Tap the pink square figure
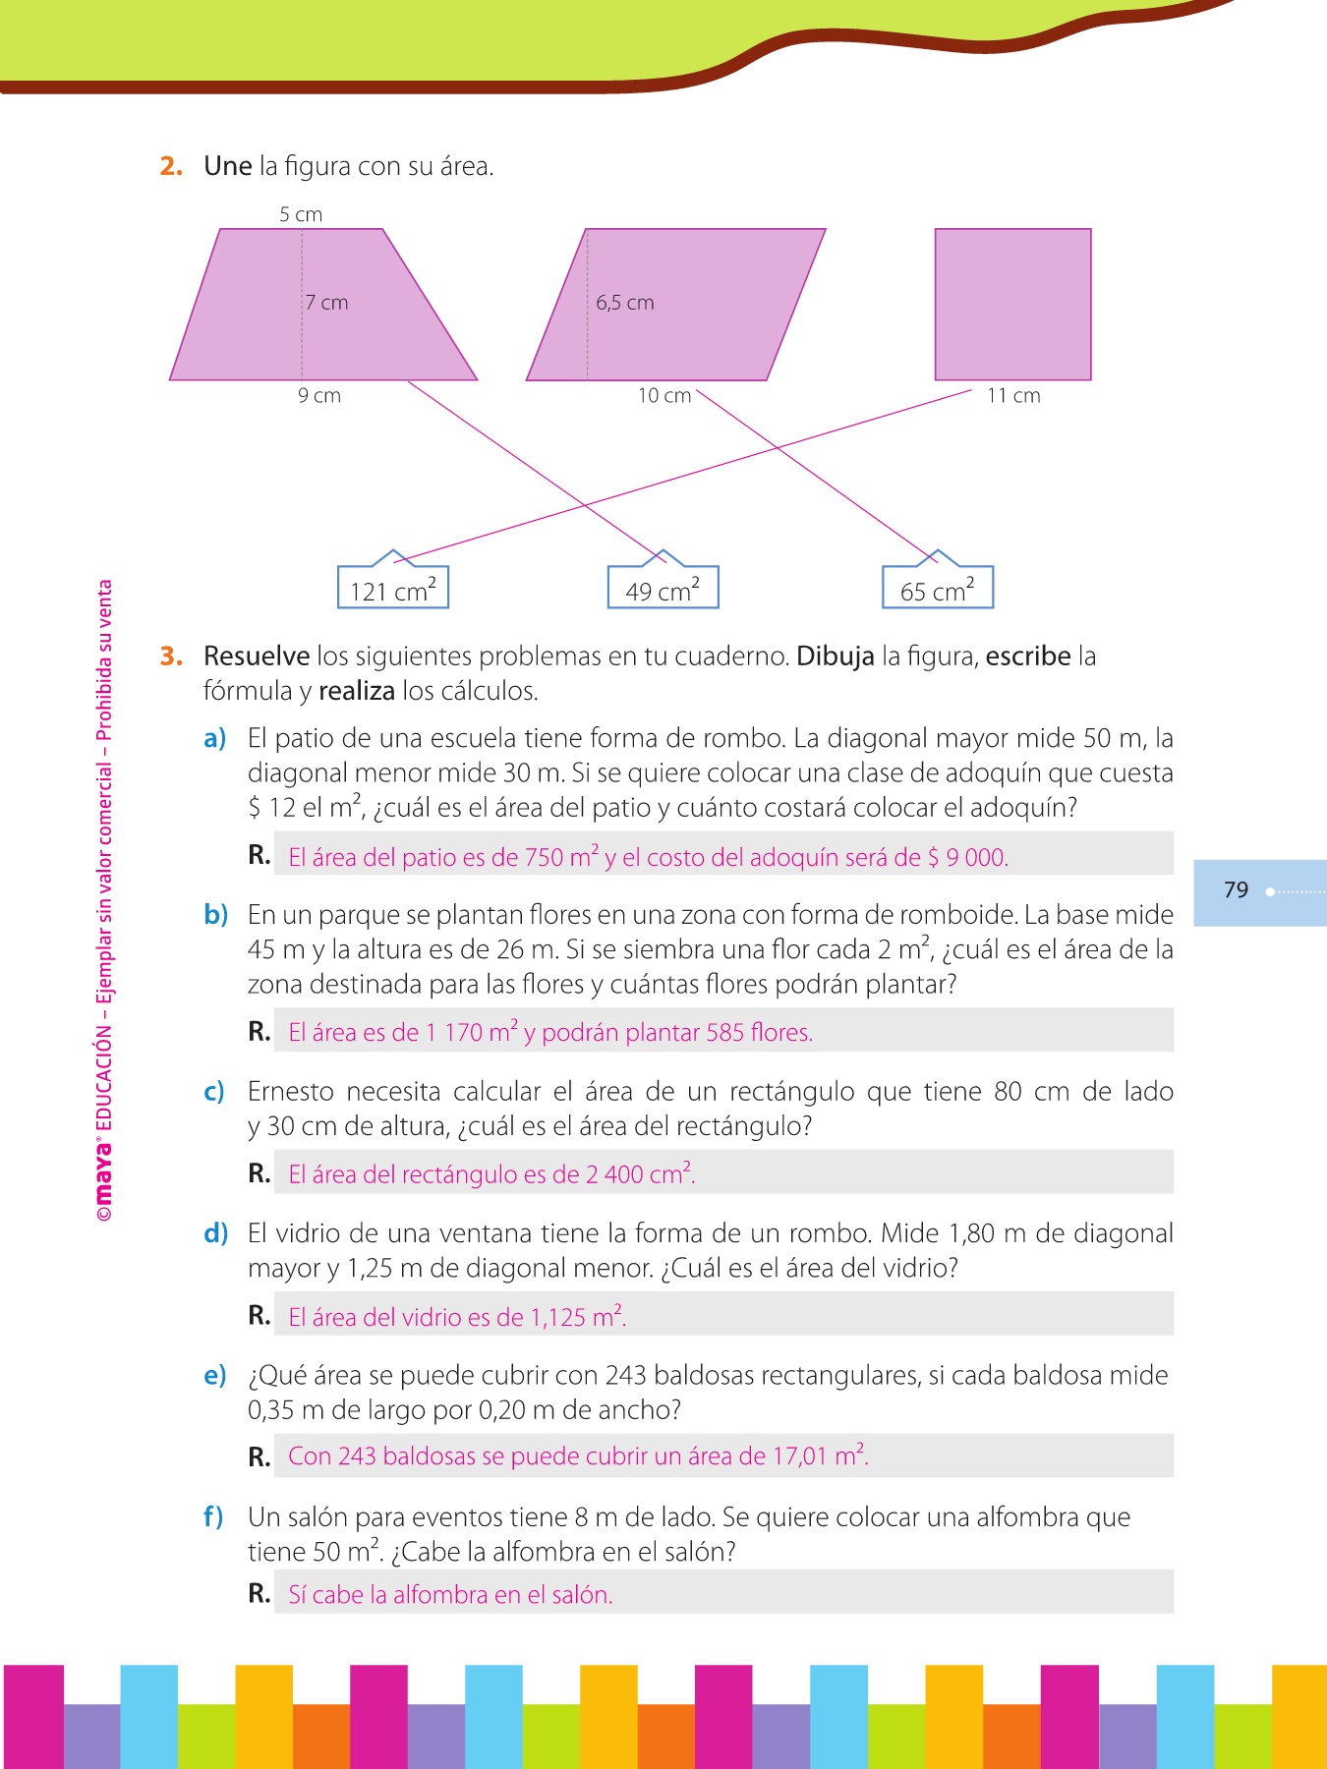[1012, 304]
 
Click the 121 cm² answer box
[393, 588]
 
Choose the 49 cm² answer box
[663, 588]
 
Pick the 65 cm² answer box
[938, 588]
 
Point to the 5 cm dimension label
[301, 214]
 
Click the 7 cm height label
[327, 303]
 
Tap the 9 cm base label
[319, 395]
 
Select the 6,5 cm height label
[625, 303]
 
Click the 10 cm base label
[664, 395]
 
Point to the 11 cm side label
[1013, 395]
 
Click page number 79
[1236, 890]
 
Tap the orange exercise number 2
[171, 167]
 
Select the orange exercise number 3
[171, 656]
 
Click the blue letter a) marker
[215, 739]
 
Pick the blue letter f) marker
[213, 1517]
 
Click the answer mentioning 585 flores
[550, 1032]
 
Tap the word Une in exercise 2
[228, 166]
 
